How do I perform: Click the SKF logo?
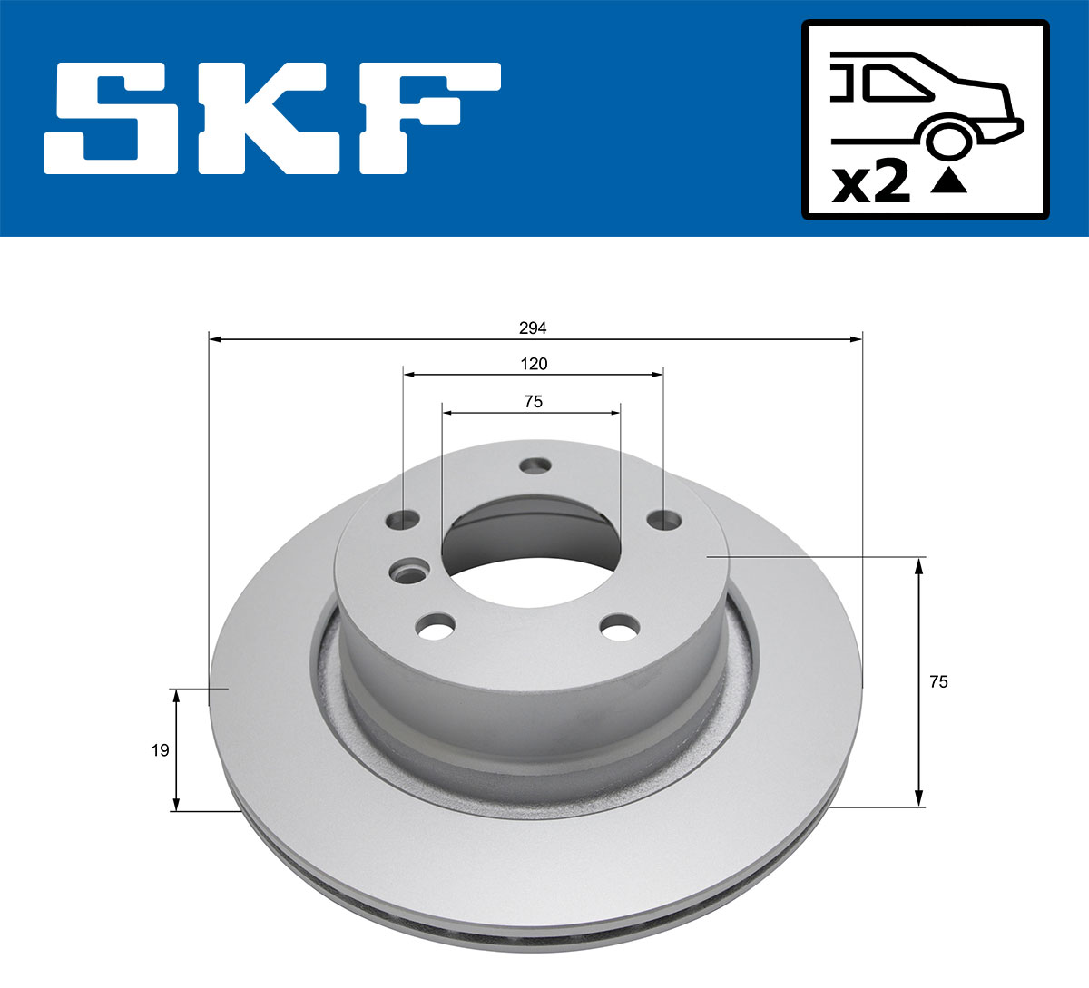pyautogui.click(x=272, y=118)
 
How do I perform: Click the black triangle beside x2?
pyautogui.click(x=948, y=181)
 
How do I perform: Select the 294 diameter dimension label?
pyautogui.click(x=534, y=328)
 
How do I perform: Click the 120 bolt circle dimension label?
pyautogui.click(x=534, y=364)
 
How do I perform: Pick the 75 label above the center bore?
pyautogui.click(x=533, y=401)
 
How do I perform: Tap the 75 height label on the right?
pyautogui.click(x=938, y=681)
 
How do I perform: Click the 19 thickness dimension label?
pyautogui.click(x=160, y=750)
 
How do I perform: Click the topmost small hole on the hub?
pyautogui.click(x=535, y=465)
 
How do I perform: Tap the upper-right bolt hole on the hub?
pyautogui.click(x=664, y=520)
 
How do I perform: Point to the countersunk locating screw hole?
pyautogui.click(x=407, y=572)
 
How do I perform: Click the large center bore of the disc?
pyautogui.click(x=531, y=553)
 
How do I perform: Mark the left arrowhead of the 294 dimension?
pyautogui.click(x=215, y=339)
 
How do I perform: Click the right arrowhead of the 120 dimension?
pyautogui.click(x=657, y=374)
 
